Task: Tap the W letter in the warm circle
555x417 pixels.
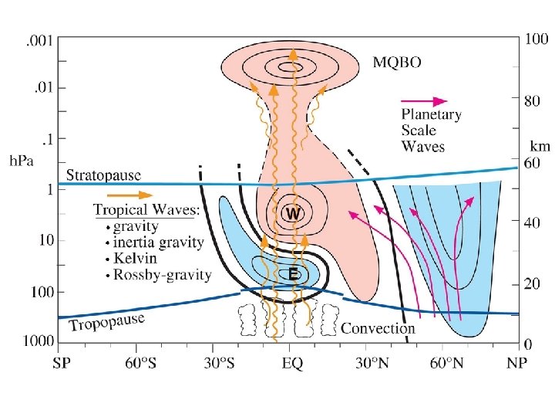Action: pyautogui.click(x=292, y=212)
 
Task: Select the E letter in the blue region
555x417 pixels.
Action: pyautogui.click(x=294, y=273)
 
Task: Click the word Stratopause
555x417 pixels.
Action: pyautogui.click(x=103, y=175)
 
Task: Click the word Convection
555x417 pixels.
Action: pyautogui.click(x=378, y=328)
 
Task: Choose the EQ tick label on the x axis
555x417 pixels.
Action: pyautogui.click(x=291, y=361)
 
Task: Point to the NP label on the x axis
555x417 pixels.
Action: pyautogui.click(x=517, y=361)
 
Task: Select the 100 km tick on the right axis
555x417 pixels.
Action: pyautogui.click(x=537, y=38)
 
